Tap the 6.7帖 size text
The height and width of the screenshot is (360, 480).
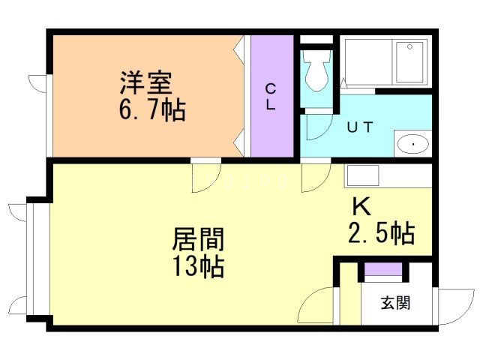(x=151, y=110)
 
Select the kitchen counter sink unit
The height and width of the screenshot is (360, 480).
(x=387, y=176)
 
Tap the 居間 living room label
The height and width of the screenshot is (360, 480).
(x=198, y=239)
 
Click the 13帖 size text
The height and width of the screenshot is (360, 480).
(x=198, y=266)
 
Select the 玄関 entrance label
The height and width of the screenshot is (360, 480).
(x=394, y=303)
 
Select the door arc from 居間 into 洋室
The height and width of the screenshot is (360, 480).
(x=204, y=177)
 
